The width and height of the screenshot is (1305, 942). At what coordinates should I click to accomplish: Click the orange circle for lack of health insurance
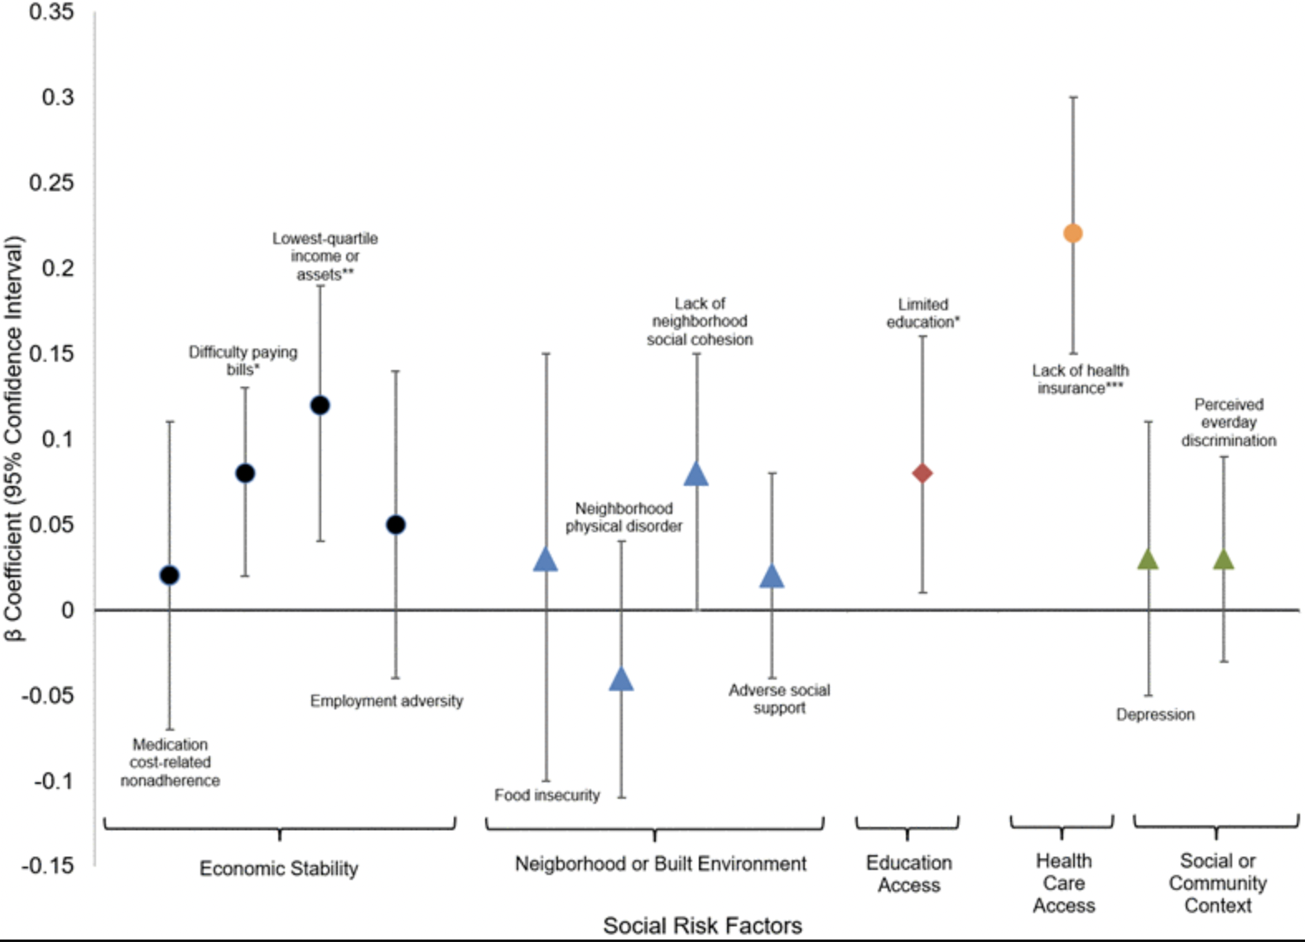pos(1072,233)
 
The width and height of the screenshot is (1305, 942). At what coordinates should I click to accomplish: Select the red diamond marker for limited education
pos(922,473)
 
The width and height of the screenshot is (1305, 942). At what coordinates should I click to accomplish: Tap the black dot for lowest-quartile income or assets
pos(320,405)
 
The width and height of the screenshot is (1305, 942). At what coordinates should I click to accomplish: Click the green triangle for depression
pos(1148,560)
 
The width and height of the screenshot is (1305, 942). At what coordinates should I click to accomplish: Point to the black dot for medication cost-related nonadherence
pos(169,575)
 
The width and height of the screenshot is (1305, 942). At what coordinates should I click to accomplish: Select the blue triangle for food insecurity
pos(545,560)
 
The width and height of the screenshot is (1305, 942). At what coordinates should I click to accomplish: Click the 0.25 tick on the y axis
pos(51,183)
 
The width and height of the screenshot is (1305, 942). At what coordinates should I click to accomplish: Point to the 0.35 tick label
pos(51,12)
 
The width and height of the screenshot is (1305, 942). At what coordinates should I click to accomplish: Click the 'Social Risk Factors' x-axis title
pos(702,925)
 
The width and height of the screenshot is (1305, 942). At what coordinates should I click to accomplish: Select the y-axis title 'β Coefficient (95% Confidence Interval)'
pos(14,439)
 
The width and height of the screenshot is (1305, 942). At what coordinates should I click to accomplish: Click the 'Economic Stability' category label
pos(279,868)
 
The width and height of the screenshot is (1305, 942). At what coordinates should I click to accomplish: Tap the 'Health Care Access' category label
pos(1063,883)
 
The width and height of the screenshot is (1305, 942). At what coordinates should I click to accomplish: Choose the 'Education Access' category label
pos(908,873)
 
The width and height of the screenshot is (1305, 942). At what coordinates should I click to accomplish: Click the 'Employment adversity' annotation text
pos(386,701)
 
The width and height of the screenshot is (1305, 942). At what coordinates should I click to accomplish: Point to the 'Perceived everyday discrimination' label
pos(1229,422)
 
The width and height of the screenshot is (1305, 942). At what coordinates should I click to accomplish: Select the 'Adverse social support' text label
pos(778,699)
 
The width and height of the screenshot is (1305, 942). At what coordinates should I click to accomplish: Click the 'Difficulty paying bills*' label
pos(243,360)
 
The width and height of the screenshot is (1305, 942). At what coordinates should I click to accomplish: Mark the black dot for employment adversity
pos(396,525)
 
